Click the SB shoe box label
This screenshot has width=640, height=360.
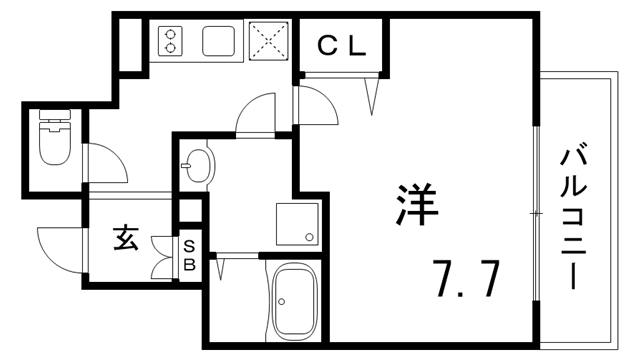coord(189,256)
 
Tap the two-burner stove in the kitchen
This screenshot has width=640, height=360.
coord(170,40)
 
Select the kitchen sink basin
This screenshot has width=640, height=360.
coord(219,42)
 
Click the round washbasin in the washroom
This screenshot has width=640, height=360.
coord(196,164)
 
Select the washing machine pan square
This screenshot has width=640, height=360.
coord(297,224)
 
